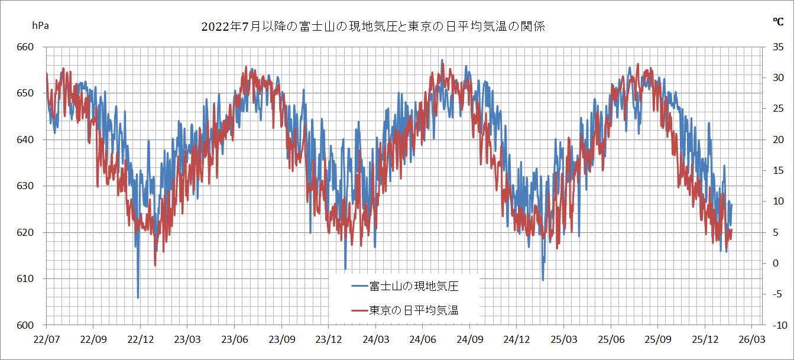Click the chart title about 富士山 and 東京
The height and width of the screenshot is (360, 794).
coord(372,27)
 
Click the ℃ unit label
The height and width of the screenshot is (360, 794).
coord(778,22)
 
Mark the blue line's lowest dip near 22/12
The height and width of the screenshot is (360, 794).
coord(138,297)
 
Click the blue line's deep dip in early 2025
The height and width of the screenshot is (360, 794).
coord(543,279)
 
